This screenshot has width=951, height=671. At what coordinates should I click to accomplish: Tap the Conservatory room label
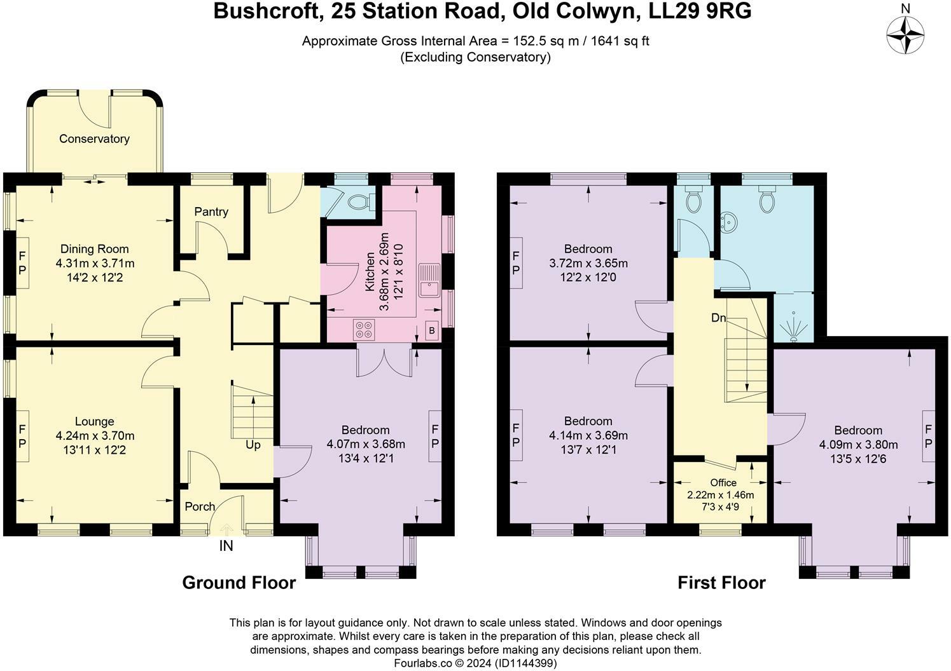click(x=94, y=139)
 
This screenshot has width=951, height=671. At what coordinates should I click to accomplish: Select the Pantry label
click(x=211, y=212)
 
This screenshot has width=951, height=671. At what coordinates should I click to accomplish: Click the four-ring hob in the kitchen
click(x=364, y=329)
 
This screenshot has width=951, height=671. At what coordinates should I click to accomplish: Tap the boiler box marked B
click(x=432, y=331)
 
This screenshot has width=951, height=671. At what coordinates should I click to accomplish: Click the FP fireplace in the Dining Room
click(x=22, y=263)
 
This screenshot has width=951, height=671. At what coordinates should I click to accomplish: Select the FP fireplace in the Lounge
click(x=22, y=436)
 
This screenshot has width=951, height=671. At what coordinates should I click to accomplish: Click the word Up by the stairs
click(x=253, y=445)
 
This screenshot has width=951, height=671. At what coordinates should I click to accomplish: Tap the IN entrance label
click(x=226, y=546)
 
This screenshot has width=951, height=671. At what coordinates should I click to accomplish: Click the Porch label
click(x=200, y=506)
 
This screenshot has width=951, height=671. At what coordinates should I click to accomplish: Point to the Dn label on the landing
click(x=719, y=318)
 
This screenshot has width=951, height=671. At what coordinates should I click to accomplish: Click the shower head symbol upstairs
click(x=793, y=329)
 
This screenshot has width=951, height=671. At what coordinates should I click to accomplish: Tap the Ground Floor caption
click(x=239, y=583)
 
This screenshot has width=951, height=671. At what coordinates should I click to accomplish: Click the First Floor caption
click(x=721, y=583)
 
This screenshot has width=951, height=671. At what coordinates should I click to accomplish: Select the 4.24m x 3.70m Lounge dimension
click(x=95, y=436)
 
